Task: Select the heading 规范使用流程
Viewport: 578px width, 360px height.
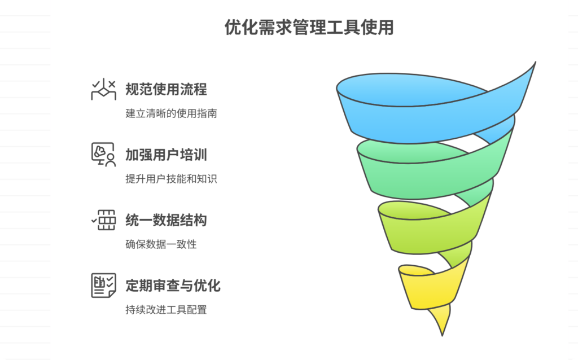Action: (166, 89)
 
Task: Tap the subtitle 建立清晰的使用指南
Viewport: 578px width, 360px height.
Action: (171, 113)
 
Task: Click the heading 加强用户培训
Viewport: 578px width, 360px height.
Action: (166, 155)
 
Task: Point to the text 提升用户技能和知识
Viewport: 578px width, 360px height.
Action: (171, 179)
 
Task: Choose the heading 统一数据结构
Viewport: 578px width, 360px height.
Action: (166, 220)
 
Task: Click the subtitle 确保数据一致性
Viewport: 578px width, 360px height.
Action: (161, 244)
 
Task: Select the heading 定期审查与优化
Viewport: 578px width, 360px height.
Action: (173, 286)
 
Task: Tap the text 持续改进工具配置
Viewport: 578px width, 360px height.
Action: (166, 310)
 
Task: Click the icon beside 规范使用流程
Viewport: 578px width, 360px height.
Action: (103, 90)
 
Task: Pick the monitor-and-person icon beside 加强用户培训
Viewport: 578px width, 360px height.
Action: (103, 155)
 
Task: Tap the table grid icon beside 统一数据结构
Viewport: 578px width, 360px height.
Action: (104, 219)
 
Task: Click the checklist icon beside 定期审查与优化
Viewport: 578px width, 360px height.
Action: (103, 285)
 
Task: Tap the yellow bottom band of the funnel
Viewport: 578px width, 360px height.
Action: (429, 288)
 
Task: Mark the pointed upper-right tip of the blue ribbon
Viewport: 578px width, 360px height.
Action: (533, 63)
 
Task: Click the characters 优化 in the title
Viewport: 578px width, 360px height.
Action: (238, 28)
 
